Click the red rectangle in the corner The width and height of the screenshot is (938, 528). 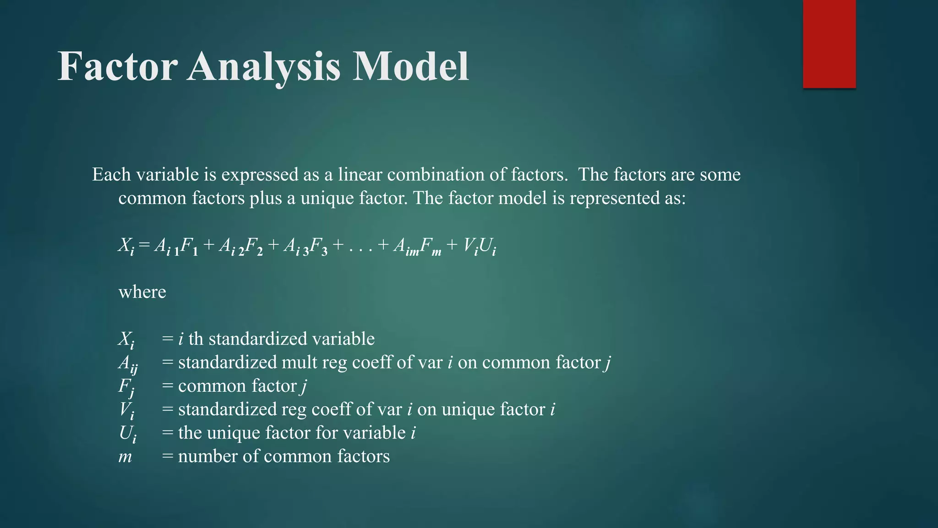[829, 44]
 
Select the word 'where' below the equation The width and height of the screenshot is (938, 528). [142, 292]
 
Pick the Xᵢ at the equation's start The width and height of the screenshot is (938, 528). [126, 247]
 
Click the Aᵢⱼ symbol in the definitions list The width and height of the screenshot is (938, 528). [128, 363]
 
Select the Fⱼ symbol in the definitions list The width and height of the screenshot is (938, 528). [126, 387]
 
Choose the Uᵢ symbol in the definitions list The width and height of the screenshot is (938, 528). [127, 434]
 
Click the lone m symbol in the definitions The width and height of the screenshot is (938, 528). [125, 457]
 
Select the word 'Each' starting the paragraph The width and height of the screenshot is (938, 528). [111, 175]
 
